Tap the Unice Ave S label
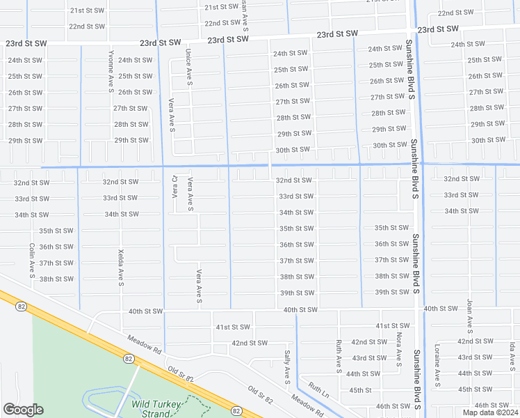pyautogui.click(x=188, y=68)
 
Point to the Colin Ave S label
pyautogui.click(x=32, y=259)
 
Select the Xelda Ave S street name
pyautogui.click(x=121, y=270)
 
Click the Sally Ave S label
pyautogui.click(x=286, y=368)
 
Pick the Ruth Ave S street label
pyautogui.click(x=339, y=355)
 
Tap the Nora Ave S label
pyautogui.click(x=399, y=348)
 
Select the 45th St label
pyautogui.click(x=360, y=390)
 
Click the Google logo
pyautogui.click(x=23, y=410)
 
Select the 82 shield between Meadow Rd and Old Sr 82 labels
pyautogui.click(x=129, y=358)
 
